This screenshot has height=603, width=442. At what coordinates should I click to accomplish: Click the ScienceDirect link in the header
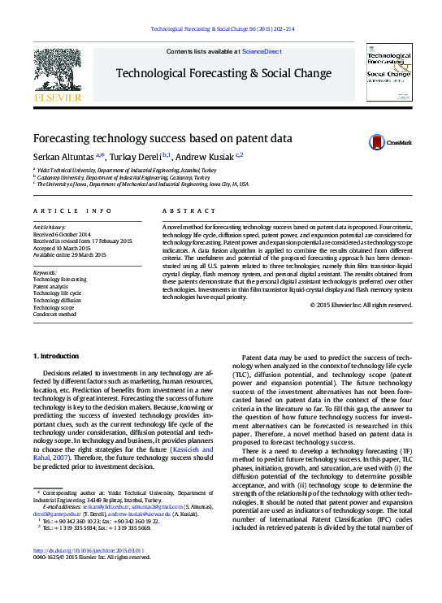[x=262, y=51]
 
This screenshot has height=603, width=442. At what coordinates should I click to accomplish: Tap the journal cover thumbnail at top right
[x=390, y=73]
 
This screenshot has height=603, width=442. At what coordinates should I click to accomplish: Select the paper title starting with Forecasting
[x=162, y=138]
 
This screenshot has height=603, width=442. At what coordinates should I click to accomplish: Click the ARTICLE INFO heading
[x=72, y=210]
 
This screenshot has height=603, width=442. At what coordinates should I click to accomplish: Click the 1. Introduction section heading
[x=56, y=357]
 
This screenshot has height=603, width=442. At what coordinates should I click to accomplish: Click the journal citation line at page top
[x=221, y=29]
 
